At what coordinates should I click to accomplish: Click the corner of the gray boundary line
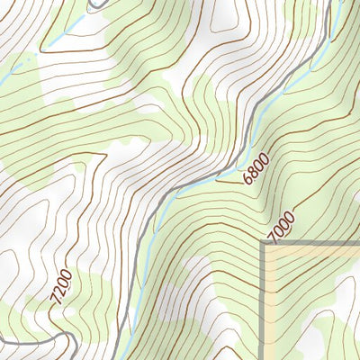coord(264,244)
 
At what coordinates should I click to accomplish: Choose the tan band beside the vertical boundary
coord(269,306)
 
